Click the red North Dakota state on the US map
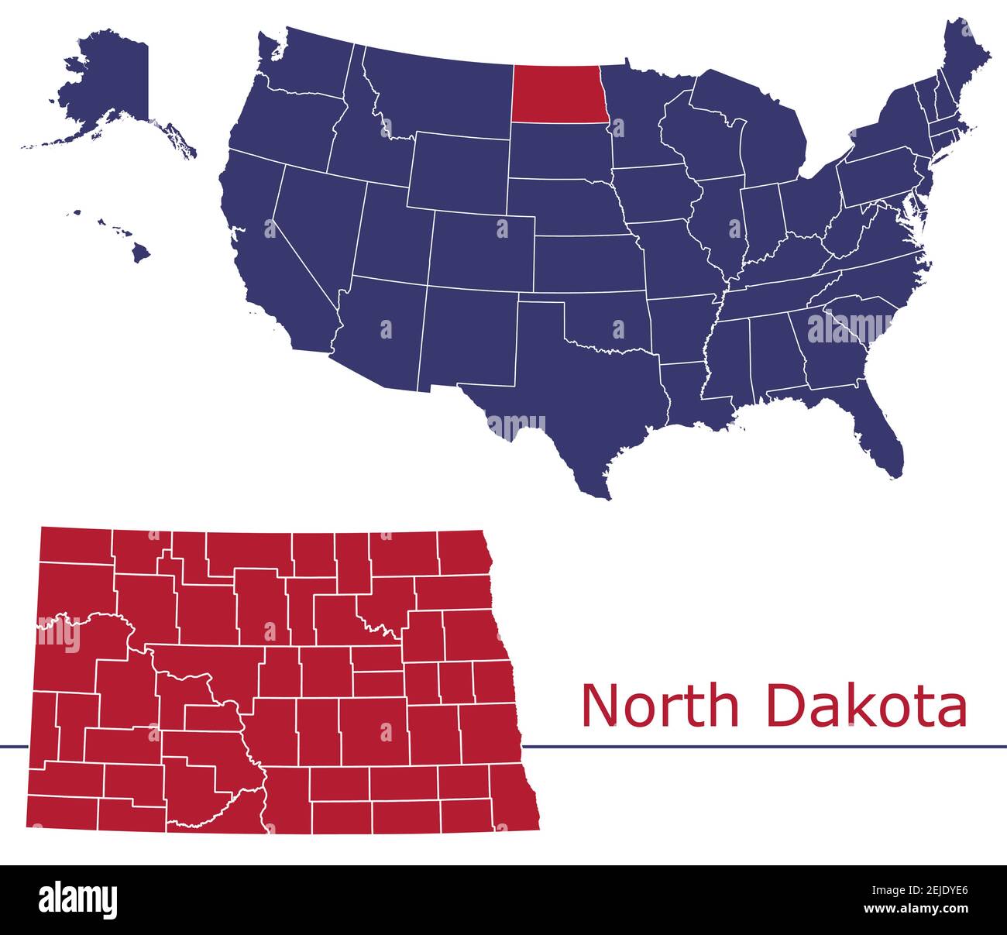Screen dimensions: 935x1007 [x=556, y=94]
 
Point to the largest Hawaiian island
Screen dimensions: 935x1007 [x=139, y=253]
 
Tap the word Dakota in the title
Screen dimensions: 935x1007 [x=867, y=705]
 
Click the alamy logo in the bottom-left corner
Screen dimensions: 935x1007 [x=78, y=899]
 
